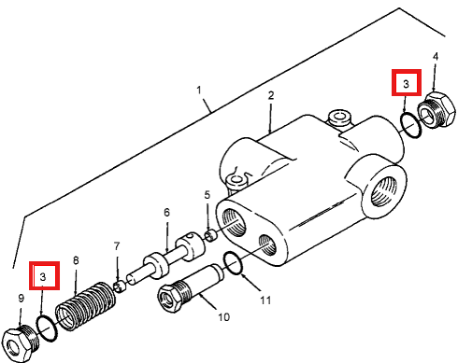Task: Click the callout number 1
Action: pyautogui.click(x=199, y=91)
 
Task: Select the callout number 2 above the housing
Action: pyautogui.click(x=271, y=95)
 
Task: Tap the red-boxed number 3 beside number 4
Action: pyautogui.click(x=406, y=83)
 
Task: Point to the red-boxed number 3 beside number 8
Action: pyautogui.click(x=43, y=276)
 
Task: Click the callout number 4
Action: pyautogui.click(x=436, y=57)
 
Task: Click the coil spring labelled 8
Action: pyautogui.click(x=86, y=306)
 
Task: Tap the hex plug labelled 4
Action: pyautogui.click(x=437, y=109)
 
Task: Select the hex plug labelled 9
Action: pyautogui.click(x=21, y=343)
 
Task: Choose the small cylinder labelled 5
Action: pyautogui.click(x=211, y=234)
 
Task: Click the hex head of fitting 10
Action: pyautogui.click(x=169, y=298)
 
